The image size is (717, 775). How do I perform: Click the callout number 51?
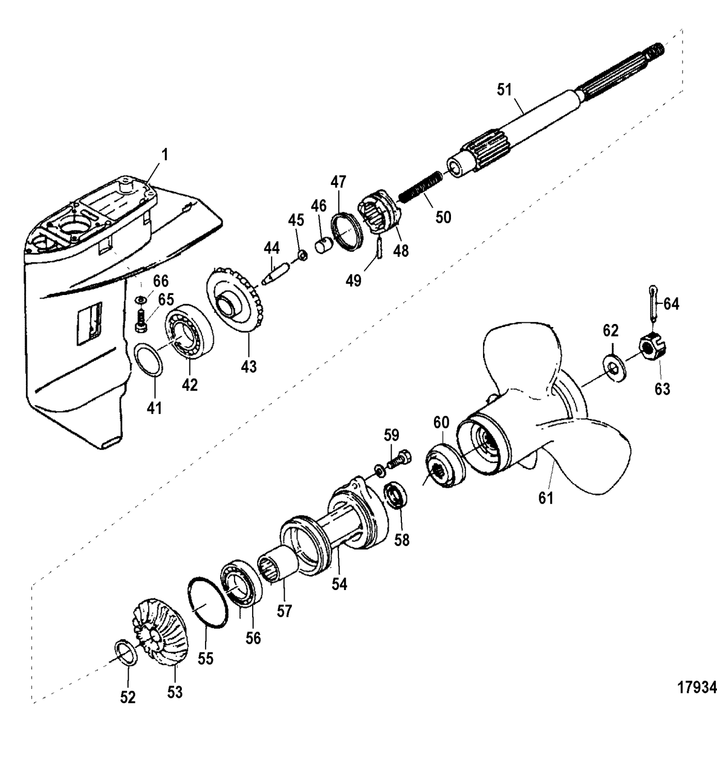tap(504, 89)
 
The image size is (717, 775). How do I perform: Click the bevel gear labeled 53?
tap(161, 633)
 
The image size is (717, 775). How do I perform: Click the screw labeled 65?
tap(141, 321)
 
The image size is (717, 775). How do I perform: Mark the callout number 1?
tap(164, 155)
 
